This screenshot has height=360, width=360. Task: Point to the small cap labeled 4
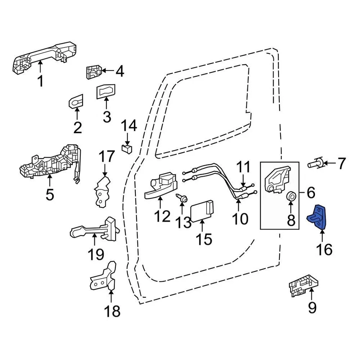94,72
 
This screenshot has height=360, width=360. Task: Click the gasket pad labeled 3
106,91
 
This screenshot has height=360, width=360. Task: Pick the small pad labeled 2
76,101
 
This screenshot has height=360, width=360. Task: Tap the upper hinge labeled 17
103,191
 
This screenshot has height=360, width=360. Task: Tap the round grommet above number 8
291,196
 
